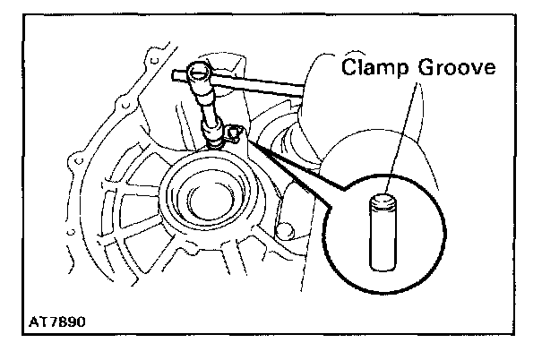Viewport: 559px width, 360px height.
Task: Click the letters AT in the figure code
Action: point(38,318)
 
